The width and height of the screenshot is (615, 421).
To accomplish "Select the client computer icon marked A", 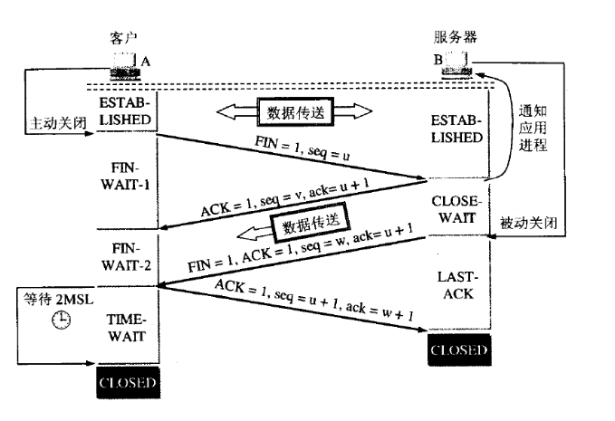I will point(121,64).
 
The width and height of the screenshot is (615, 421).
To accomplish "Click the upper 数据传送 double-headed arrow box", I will point(294,111).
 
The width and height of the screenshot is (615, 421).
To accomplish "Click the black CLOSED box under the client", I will point(127,384).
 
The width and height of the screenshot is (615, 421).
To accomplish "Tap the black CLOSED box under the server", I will point(458,349).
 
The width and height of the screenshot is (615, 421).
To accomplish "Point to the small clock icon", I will point(61,319).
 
